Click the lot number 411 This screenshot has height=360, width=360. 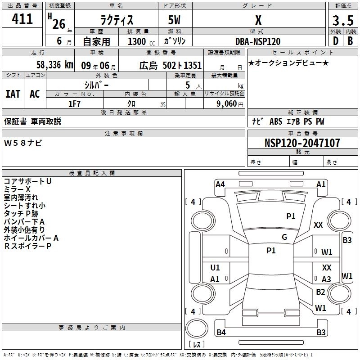[22, 19]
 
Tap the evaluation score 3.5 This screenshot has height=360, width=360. [342, 21]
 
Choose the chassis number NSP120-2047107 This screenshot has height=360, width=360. [302, 143]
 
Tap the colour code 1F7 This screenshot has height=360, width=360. [74, 103]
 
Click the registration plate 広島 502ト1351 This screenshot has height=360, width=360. [171, 66]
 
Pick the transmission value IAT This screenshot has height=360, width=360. [13, 94]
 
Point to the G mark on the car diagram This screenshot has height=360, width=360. [284, 237]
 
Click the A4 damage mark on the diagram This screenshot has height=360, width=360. [220, 184]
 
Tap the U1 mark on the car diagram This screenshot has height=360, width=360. [215, 268]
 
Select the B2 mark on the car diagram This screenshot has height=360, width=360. [320, 292]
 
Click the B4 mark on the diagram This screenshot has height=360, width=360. [221, 333]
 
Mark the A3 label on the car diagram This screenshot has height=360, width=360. [326, 279]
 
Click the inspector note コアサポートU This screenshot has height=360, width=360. [27, 181]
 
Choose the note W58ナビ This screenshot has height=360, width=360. [23, 143]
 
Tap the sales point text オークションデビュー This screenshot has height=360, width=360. [288, 63]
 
